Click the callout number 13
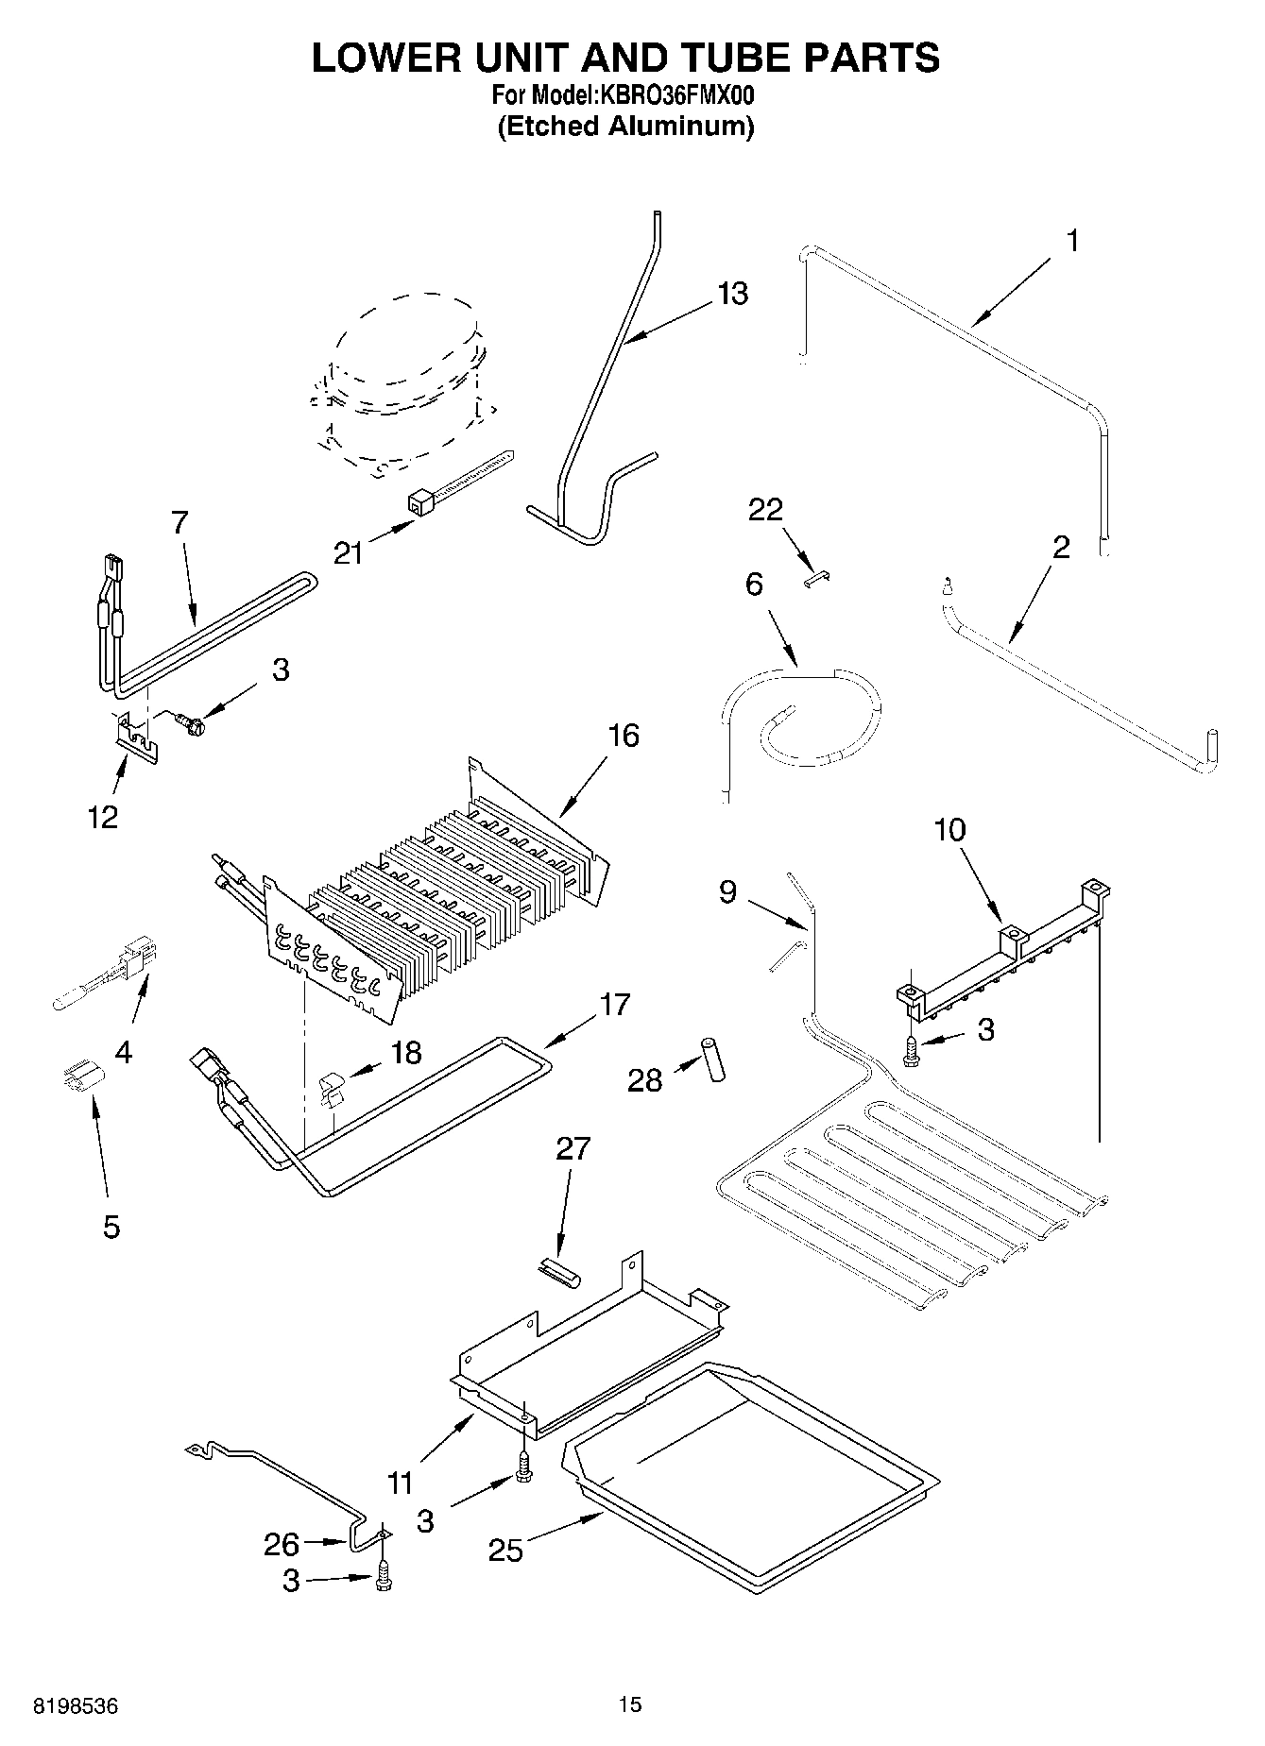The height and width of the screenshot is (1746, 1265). click(731, 293)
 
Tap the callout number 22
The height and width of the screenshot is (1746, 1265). click(765, 510)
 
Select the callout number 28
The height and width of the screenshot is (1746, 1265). click(645, 1079)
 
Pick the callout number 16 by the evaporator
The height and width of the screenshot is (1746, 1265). click(624, 735)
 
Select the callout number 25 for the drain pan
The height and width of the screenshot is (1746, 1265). click(505, 1550)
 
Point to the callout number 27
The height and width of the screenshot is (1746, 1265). click(573, 1148)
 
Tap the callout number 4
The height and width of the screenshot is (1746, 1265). click(123, 1051)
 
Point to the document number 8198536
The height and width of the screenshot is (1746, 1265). click(76, 1706)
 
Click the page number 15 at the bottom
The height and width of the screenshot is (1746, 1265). click(630, 1704)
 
